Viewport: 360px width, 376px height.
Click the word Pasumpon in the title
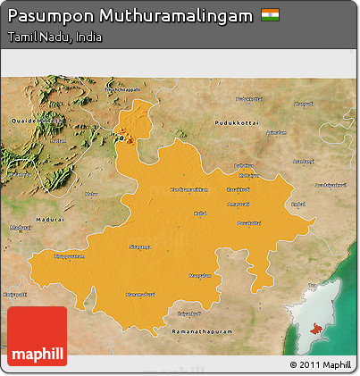point(46,17)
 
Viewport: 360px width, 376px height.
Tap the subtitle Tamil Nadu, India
point(54,38)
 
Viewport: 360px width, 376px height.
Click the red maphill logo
point(37,337)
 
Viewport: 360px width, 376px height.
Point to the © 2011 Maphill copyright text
point(321,364)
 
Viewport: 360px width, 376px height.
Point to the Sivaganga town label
point(141,246)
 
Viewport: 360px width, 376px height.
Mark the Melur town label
point(90,193)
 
